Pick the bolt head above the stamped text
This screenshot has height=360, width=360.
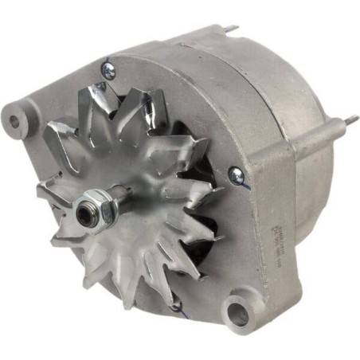click(237, 174)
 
